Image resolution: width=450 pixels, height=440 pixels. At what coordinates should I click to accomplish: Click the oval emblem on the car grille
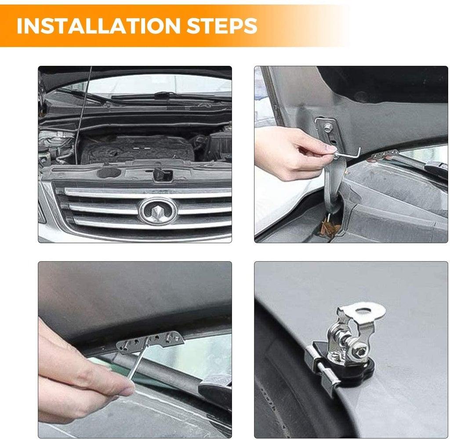(157, 211)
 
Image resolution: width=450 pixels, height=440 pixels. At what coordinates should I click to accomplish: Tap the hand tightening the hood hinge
(290, 151)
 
